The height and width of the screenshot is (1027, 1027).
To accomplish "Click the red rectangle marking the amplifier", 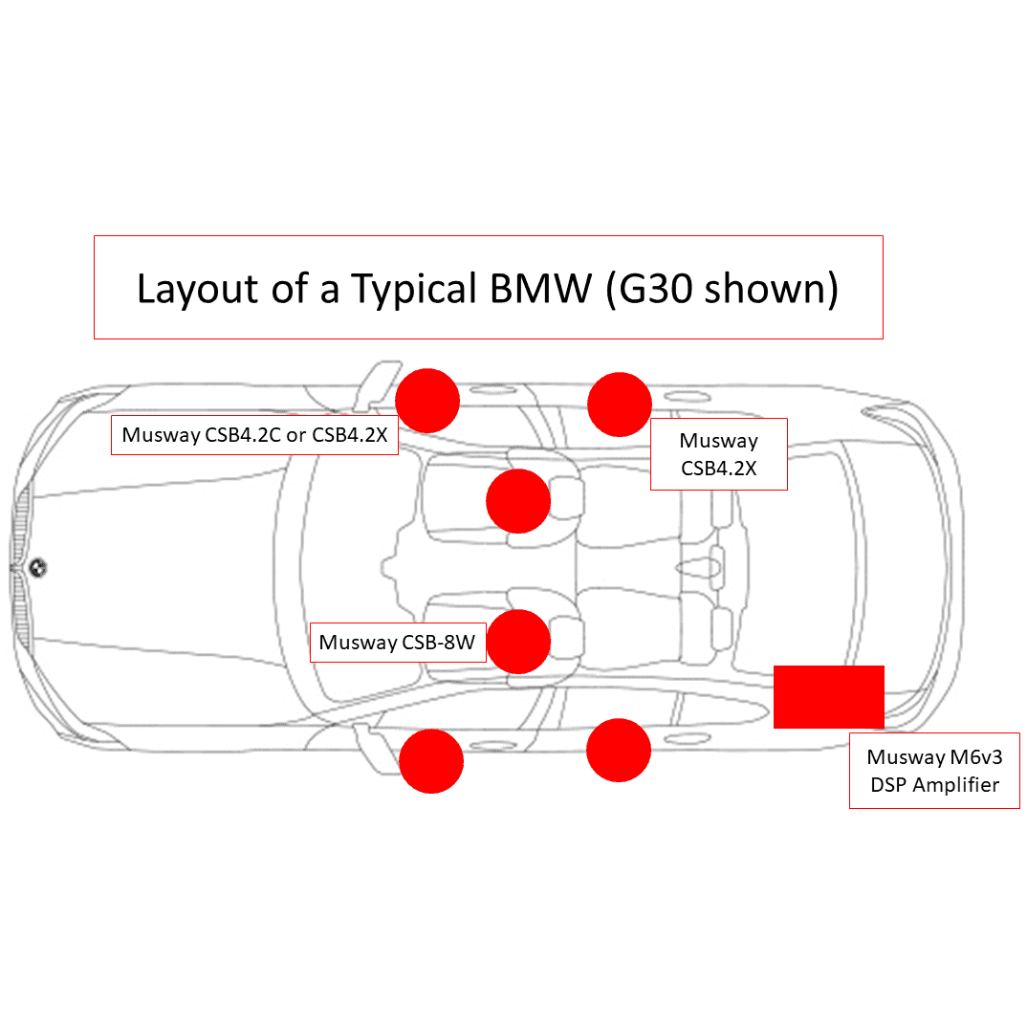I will click(828, 697).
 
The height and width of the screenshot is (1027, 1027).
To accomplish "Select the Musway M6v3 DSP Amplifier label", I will click(933, 771).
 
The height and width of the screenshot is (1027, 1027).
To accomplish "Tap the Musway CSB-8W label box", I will click(397, 643).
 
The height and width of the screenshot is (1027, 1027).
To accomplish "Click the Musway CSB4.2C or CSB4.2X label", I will click(254, 435).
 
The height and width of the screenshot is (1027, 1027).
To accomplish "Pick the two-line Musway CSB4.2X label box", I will click(718, 454).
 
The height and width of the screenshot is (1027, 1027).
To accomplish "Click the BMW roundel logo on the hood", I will click(38, 567).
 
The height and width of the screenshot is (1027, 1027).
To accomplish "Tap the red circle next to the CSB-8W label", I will click(518, 642).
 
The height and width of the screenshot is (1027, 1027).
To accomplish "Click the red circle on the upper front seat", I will click(518, 501).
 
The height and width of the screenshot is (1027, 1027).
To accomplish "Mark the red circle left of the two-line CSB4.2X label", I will click(620, 404).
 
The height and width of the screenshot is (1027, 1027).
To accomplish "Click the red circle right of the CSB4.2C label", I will click(427, 400).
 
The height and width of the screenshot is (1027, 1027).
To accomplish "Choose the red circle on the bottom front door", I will click(431, 761).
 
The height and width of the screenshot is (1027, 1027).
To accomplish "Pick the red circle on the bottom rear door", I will click(619, 750).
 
